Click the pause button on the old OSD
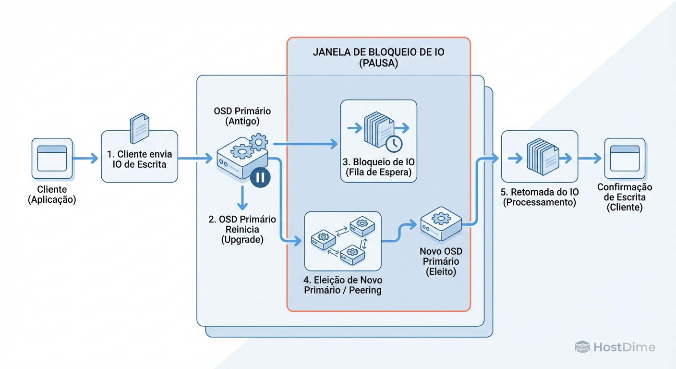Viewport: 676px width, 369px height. coord(260,177)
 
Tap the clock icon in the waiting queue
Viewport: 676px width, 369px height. coord(394,143)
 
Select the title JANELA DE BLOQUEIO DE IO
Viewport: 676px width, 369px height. coord(378,52)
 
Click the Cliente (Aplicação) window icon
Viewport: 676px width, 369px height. coord(52,159)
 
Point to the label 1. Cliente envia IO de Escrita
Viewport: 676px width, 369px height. coord(140,160)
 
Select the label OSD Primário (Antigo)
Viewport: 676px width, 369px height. coord(242,116)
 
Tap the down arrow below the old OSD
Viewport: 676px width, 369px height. coord(242,198)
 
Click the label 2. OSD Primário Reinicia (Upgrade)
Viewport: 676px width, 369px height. coord(242,229)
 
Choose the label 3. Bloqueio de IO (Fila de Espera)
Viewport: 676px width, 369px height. coord(378,167)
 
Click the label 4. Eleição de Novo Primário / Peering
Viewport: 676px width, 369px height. coord(343,285)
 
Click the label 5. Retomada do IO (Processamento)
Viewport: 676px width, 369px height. coord(540,197)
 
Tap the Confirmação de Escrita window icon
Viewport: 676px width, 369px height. coord(624,159)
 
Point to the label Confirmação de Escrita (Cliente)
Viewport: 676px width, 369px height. coord(624,197)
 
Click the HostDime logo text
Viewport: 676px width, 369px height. coord(624,347)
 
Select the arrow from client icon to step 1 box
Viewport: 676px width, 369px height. coord(86,159)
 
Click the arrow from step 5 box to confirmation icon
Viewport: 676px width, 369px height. coord(590,159)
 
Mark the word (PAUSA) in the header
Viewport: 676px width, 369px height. coord(378,64)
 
